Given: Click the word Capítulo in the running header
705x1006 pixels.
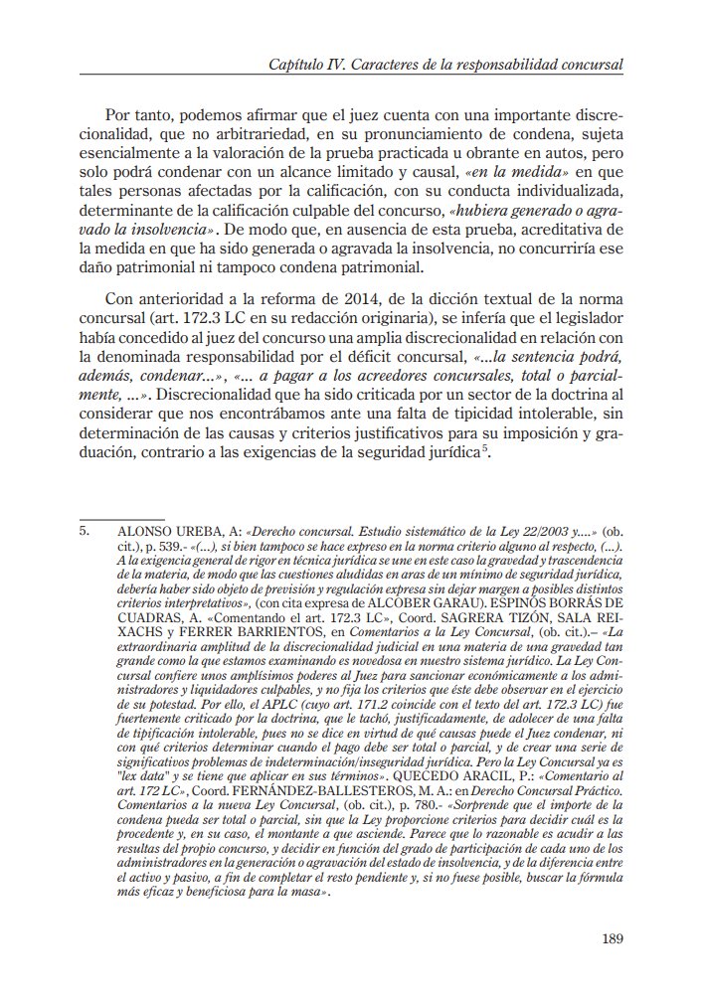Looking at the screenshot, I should [298, 65].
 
